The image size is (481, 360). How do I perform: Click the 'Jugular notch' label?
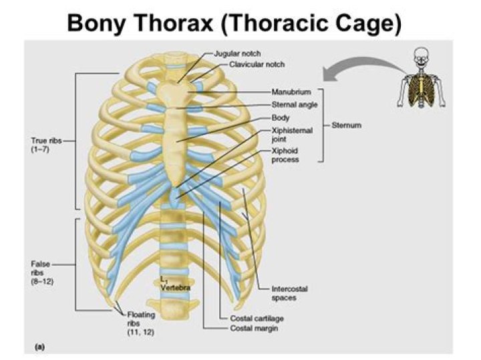(237, 53)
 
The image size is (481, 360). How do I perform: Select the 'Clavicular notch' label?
(257, 64)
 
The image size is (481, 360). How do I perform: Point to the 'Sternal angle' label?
(295, 105)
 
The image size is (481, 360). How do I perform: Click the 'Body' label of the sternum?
(281, 118)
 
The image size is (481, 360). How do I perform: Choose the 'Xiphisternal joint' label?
(292, 135)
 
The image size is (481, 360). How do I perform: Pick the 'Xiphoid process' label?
(285, 155)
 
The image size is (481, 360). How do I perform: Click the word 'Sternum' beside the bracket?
(346, 125)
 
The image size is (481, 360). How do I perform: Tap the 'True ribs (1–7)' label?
(46, 145)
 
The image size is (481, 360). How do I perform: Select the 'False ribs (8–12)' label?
(42, 273)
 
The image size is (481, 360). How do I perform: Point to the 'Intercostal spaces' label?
(289, 293)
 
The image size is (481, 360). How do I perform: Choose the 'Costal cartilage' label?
(257, 319)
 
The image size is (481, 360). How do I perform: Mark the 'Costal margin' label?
(254, 329)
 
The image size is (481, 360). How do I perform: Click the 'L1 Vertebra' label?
(175, 284)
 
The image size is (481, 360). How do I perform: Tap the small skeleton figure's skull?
(421, 55)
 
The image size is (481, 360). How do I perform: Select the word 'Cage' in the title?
(368, 23)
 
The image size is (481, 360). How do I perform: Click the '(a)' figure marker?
(40, 347)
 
